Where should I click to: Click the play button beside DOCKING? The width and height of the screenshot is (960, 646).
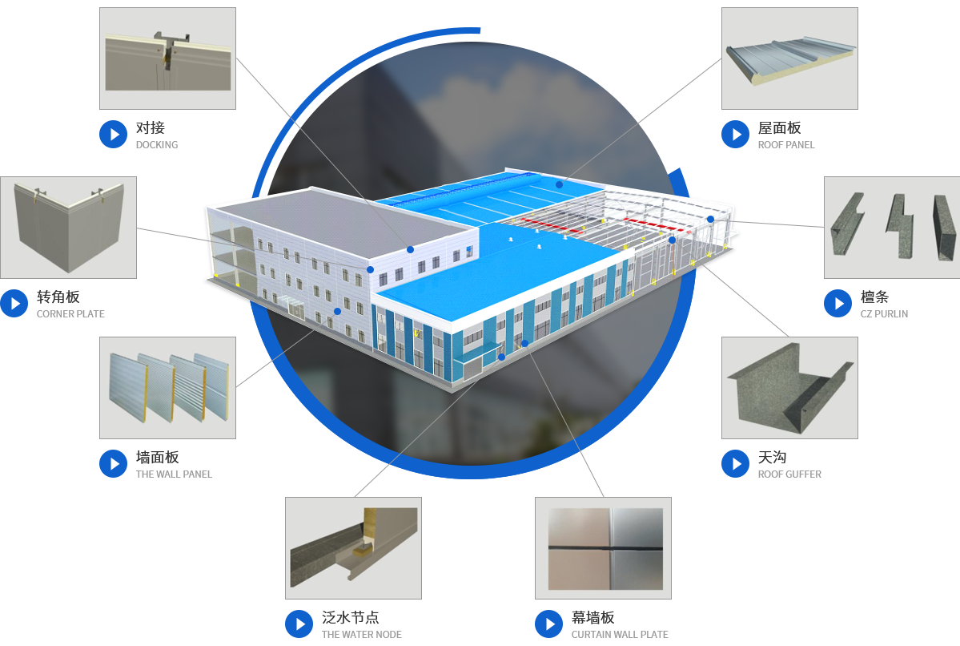[113, 134]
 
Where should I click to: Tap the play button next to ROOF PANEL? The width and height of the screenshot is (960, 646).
[735, 134]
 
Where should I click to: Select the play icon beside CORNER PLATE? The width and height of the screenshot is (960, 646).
[14, 304]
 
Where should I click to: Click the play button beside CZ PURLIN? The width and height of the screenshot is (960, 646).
[838, 304]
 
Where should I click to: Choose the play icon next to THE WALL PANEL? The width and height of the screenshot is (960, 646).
[113, 464]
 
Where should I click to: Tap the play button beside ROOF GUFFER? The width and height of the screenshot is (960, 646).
[735, 464]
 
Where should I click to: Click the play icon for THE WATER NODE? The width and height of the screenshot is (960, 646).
[299, 624]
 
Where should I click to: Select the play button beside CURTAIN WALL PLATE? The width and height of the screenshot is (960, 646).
[549, 624]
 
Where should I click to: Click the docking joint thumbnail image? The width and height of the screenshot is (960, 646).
[168, 59]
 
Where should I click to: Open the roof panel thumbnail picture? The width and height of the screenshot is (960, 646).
[789, 59]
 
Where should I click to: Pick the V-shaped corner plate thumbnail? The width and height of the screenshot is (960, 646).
[69, 228]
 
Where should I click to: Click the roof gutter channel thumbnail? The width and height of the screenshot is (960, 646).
[789, 388]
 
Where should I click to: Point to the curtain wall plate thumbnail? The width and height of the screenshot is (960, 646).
[603, 548]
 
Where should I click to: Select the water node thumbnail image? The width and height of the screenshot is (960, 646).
[353, 548]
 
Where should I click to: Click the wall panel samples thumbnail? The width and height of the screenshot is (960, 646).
[168, 388]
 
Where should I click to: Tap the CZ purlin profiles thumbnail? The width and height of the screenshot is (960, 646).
[892, 228]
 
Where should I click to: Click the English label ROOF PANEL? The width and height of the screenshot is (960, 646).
[786, 144]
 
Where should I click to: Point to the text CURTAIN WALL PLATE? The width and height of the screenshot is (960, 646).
[620, 634]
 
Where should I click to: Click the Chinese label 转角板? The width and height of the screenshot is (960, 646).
[58, 297]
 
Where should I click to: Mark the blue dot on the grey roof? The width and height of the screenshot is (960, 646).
[410, 249]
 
